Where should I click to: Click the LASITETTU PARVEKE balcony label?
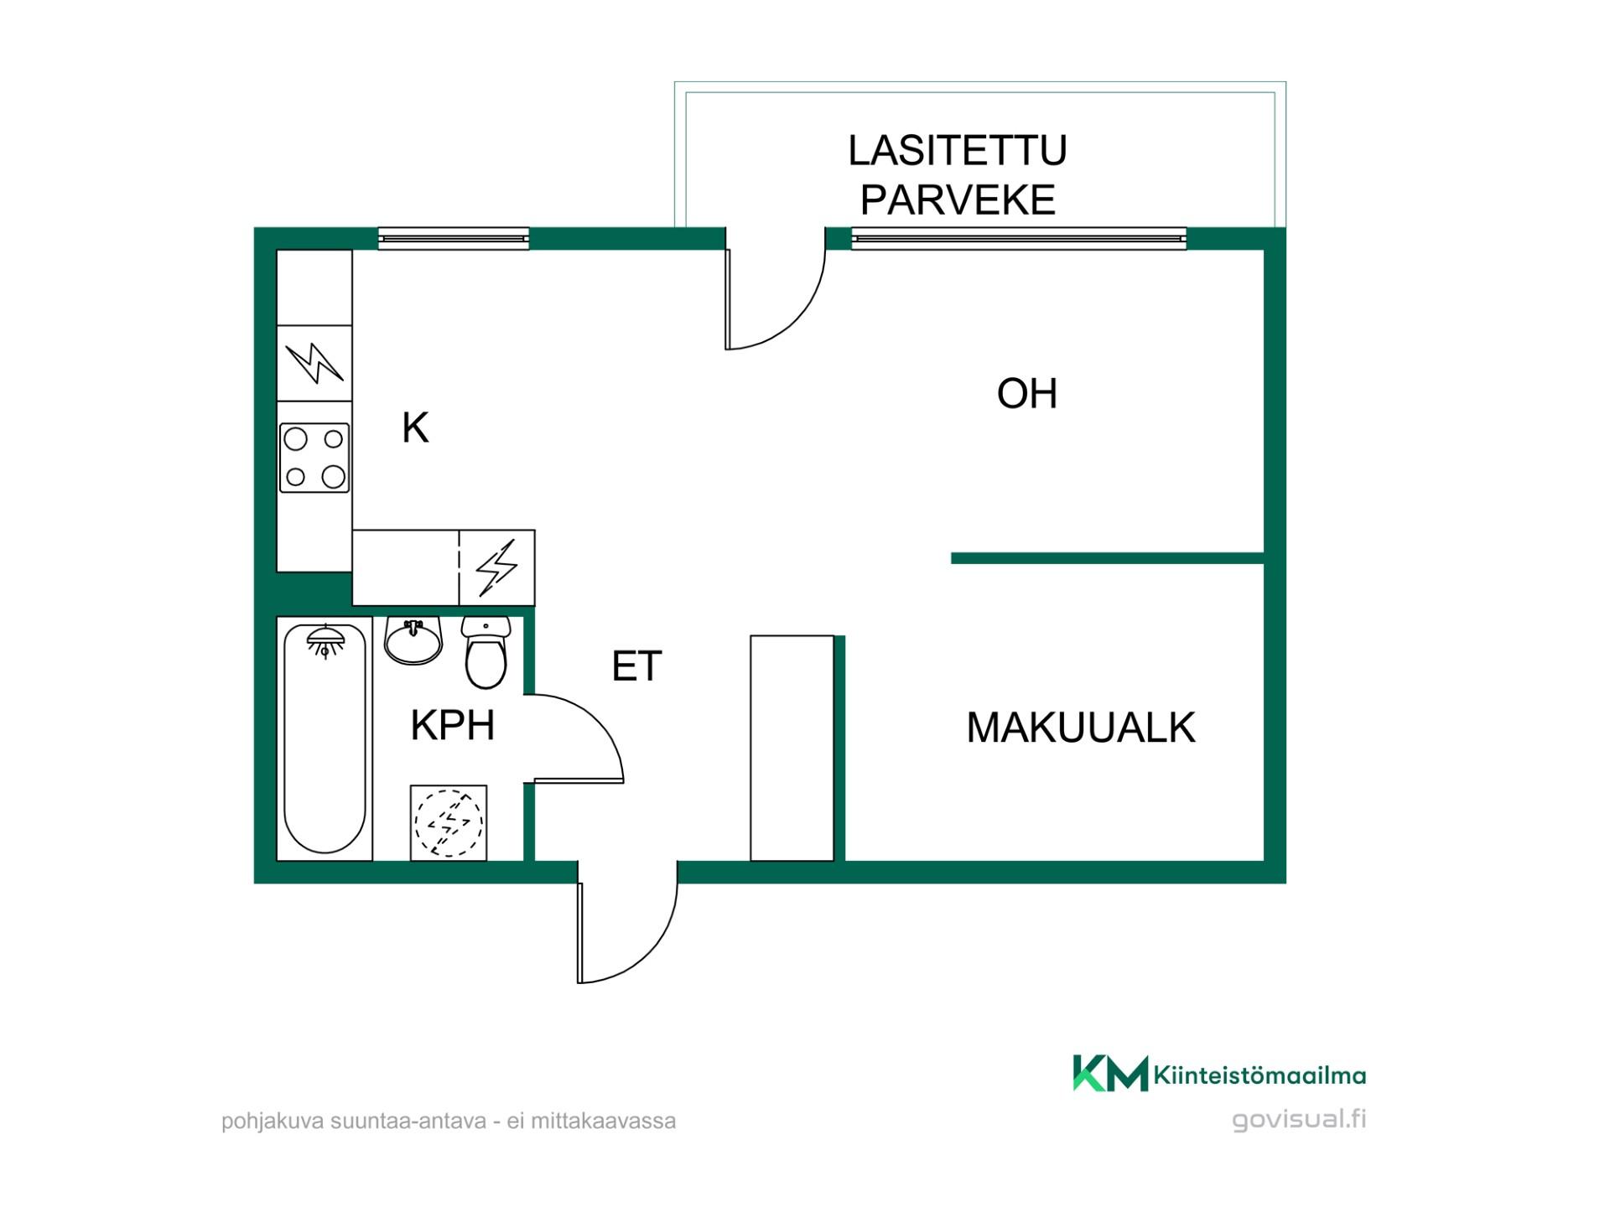(958, 175)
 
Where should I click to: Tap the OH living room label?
(1027, 394)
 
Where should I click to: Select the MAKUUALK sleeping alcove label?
(1081, 728)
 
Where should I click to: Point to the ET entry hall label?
(637, 666)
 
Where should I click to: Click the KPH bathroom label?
(453, 725)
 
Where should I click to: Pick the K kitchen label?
(415, 427)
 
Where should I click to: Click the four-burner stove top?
(314, 458)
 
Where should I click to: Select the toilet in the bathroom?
(486, 653)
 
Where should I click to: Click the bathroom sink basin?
(413, 642)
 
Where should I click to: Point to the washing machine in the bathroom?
(449, 822)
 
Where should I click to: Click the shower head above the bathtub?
(325, 642)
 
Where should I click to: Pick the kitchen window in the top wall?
(454, 239)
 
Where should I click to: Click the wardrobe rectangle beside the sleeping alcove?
(792, 748)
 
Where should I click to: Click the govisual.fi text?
(1299, 1119)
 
